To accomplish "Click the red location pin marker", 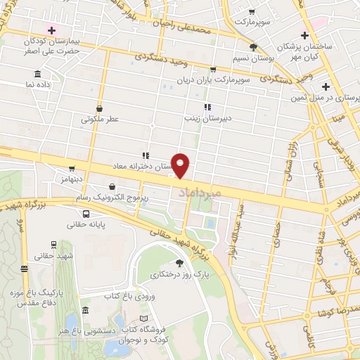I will tap(181, 165).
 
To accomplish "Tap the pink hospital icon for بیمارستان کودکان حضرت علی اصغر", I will tap(51, 30).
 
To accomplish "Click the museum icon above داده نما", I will tap(37, 75).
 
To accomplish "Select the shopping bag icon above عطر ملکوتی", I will tap(100, 109).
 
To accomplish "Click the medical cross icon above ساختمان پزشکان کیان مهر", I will tap(304, 35).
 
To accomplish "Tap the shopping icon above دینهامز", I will tap(71, 169).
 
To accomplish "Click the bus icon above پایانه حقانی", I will tap(86, 214).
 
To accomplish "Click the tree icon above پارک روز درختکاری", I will tap(179, 262).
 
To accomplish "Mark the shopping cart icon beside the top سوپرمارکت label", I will tap(252, 12).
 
